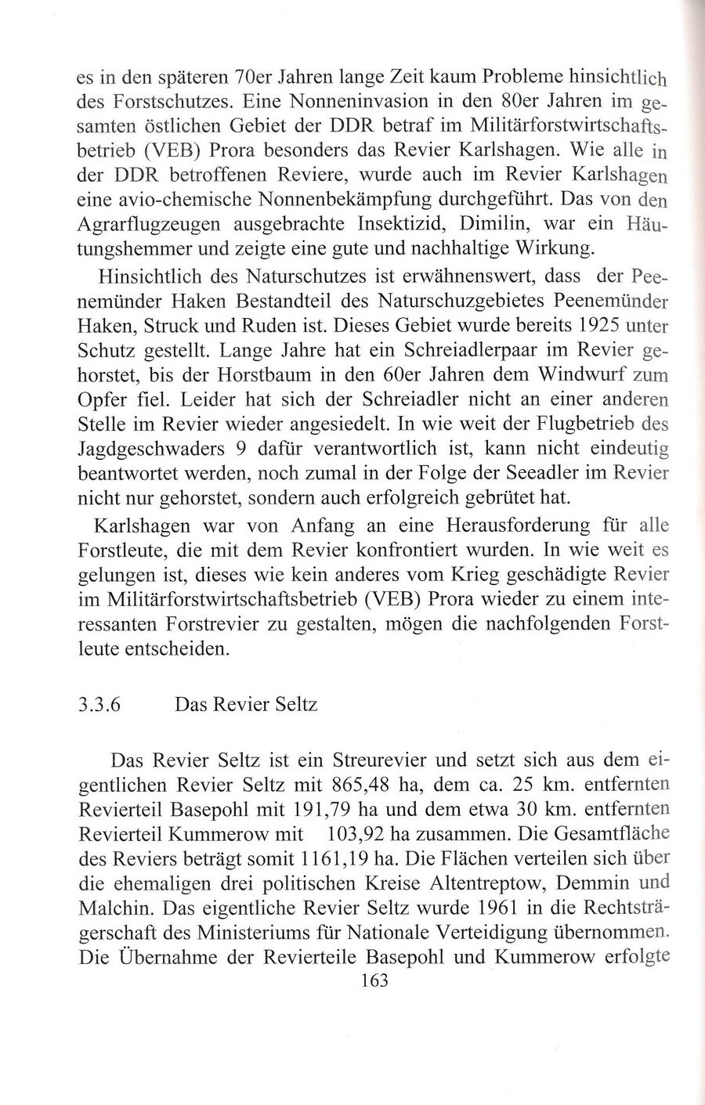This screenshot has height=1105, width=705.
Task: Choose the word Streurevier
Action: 380,760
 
